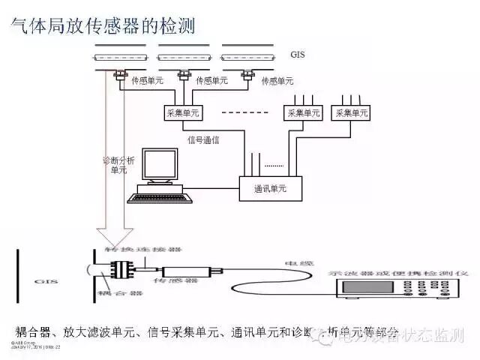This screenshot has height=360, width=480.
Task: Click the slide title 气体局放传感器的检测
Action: tap(102, 26)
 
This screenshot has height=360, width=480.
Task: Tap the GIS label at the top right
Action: tap(298, 55)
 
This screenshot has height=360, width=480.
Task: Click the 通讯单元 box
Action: tap(271, 189)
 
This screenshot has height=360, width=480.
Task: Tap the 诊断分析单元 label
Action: tap(118, 165)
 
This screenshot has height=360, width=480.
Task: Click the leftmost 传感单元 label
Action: tap(148, 80)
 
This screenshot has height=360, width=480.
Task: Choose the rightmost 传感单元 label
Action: tap(276, 80)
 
